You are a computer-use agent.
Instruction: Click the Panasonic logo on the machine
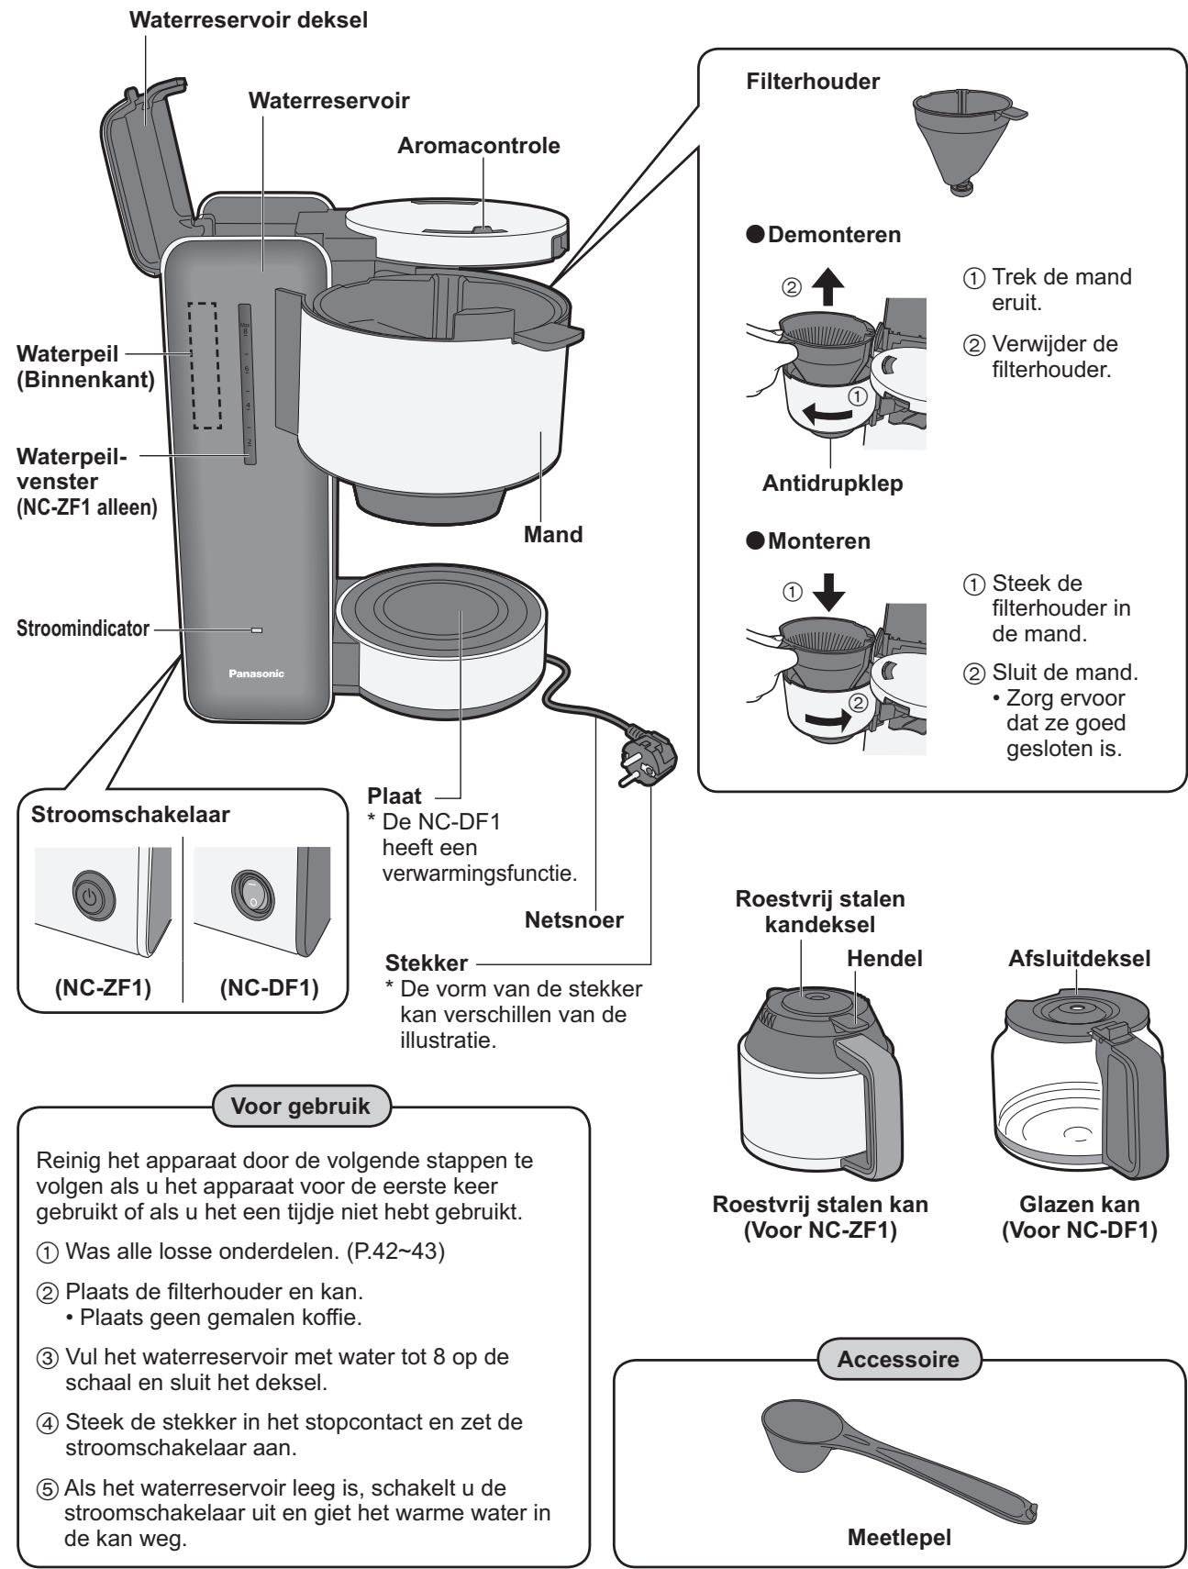tap(256, 673)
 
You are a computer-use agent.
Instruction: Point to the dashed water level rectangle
tap(206, 364)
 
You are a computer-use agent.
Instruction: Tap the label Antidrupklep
tap(833, 484)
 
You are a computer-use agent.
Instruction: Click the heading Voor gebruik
tap(301, 1107)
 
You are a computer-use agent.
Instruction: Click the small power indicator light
tap(256, 630)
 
